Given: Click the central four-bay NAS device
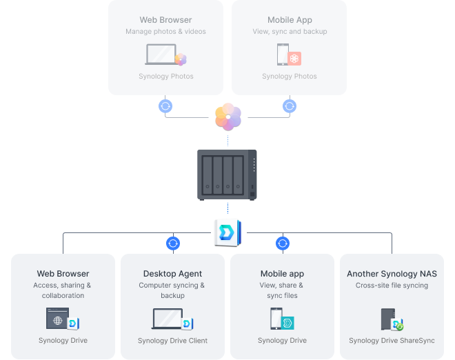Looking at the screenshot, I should tap(227, 174).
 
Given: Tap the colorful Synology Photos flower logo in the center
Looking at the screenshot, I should tap(228, 116).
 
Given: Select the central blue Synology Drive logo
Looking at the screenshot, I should tap(227, 232).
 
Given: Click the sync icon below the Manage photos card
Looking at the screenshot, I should tap(165, 106).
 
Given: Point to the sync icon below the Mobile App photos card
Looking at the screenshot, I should tap(290, 106).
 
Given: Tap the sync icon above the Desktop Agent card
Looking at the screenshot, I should tap(173, 243).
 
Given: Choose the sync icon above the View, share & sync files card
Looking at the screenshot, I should tap(283, 243).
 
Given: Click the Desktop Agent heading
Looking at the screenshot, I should tap(172, 274).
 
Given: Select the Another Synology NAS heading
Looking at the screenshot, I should tap(392, 274).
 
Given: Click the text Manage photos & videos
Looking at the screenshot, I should tap(165, 32).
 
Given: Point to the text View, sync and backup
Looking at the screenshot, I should tap(289, 32).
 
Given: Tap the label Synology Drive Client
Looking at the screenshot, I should tap(172, 341).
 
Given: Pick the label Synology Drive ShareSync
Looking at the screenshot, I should tap(392, 341).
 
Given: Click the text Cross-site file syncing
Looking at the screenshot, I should tap(392, 286).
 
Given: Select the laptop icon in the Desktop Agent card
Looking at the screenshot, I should tap(168, 319).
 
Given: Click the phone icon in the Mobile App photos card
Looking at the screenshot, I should tap(282, 54).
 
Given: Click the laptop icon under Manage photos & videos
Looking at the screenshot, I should tap(160, 54).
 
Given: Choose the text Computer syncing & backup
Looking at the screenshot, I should tap(172, 290).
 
